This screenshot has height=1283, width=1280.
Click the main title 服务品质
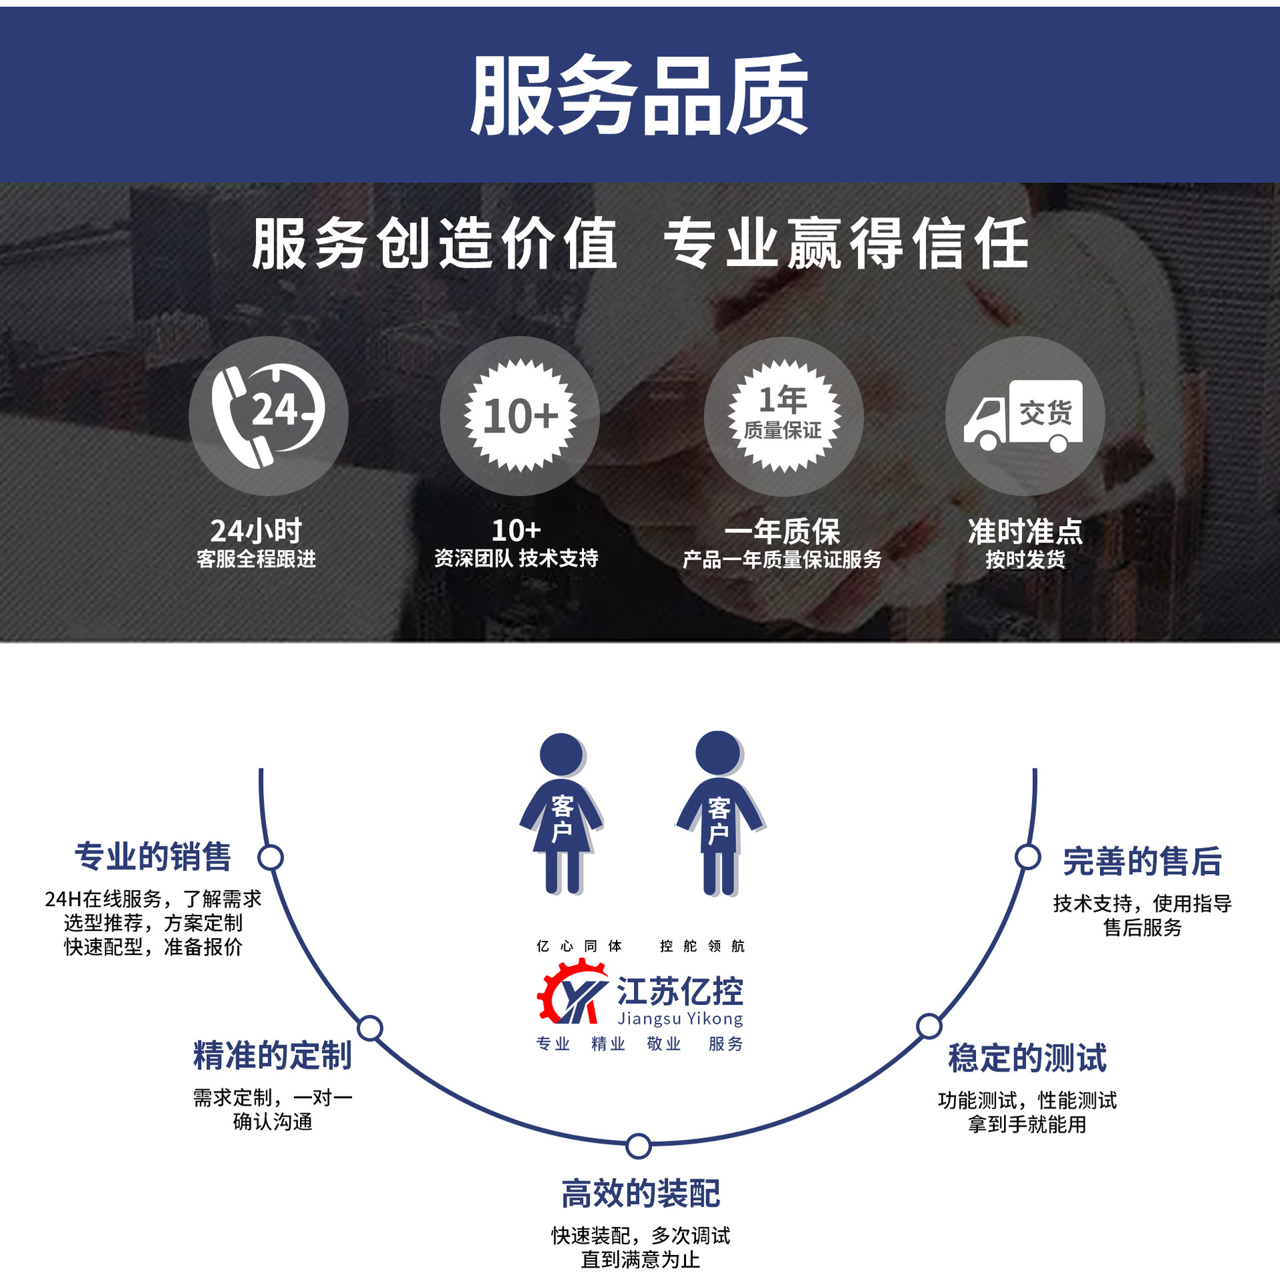coord(639,95)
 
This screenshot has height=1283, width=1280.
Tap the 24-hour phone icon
coord(268,416)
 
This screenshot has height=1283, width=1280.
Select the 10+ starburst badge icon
coord(520,416)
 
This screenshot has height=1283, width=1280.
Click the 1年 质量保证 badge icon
coord(784,416)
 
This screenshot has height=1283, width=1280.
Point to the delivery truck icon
coord(1023,416)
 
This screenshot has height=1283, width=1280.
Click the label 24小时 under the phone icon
coord(256,531)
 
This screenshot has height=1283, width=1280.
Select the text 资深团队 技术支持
coord(516,559)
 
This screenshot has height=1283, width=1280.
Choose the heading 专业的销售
coord(153,857)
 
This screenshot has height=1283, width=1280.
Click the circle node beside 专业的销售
coord(271,857)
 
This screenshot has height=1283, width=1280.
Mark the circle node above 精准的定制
coord(370,1028)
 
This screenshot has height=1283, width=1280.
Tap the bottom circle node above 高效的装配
coord(639,1146)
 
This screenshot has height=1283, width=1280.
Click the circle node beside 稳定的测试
coord(929,1026)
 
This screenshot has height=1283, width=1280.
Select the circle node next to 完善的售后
coord(1027,857)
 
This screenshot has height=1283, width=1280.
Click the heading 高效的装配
coord(640,1194)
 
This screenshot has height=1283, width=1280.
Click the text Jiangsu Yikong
coord(680,1019)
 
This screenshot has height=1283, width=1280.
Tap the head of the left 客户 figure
coord(561,754)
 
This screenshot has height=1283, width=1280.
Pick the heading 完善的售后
coord(1142,861)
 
